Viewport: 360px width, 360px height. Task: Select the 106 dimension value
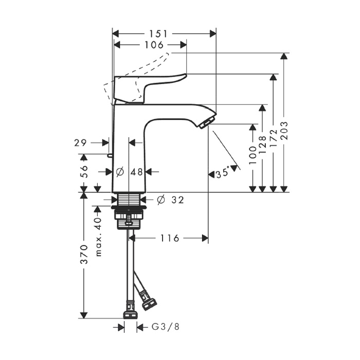154,45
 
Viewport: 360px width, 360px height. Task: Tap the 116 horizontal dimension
170,238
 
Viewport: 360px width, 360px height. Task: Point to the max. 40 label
98,237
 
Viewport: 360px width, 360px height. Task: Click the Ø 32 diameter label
170,200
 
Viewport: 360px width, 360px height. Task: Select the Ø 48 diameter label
130,172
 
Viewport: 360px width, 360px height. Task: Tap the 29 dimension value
82,142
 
